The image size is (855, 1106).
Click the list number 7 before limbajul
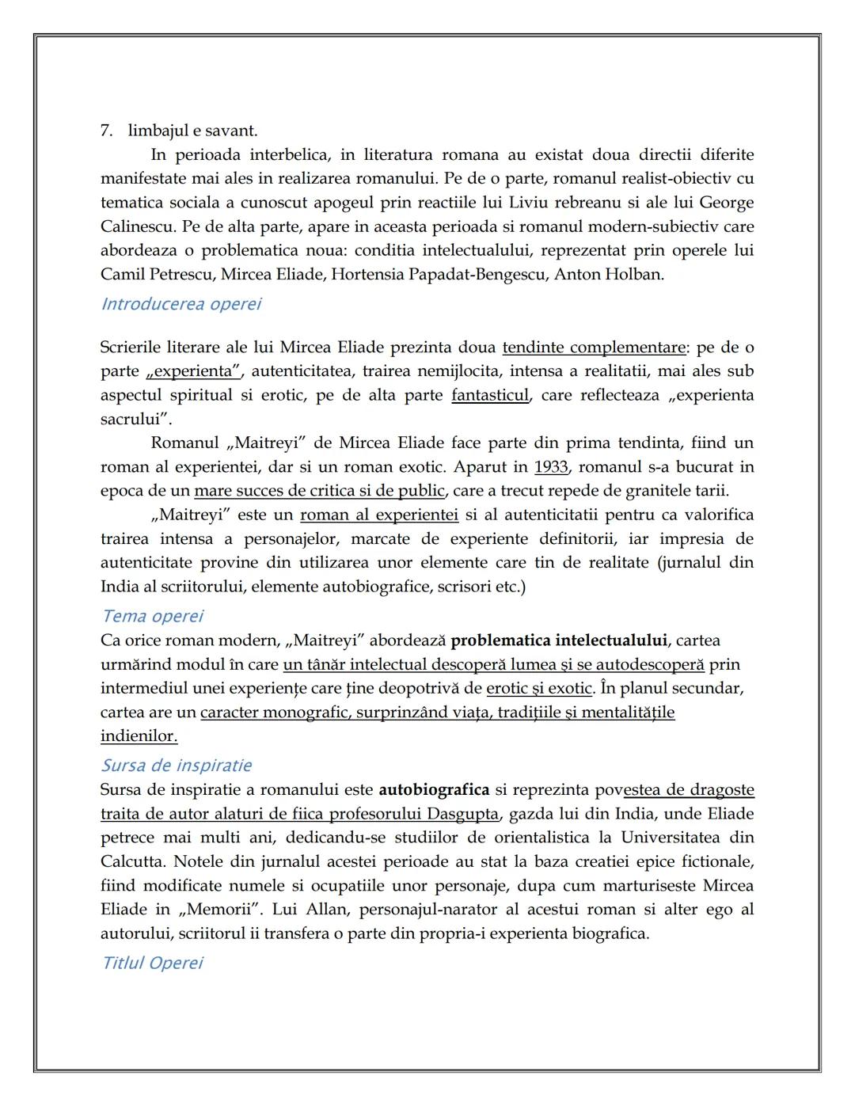(106, 131)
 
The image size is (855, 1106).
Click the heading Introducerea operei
(181, 304)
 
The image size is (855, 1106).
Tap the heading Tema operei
(153, 616)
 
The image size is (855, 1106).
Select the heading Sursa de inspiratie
(177, 766)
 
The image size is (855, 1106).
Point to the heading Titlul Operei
(153, 963)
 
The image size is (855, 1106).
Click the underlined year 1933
(551, 467)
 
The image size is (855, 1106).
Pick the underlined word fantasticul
(490, 395)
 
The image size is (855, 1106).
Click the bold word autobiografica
(434, 790)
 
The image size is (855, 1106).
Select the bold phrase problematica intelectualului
(559, 640)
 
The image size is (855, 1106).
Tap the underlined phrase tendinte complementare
(595, 348)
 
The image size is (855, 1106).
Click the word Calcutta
(132, 861)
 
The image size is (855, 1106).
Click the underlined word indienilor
(139, 736)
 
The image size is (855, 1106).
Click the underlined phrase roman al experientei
(379, 515)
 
